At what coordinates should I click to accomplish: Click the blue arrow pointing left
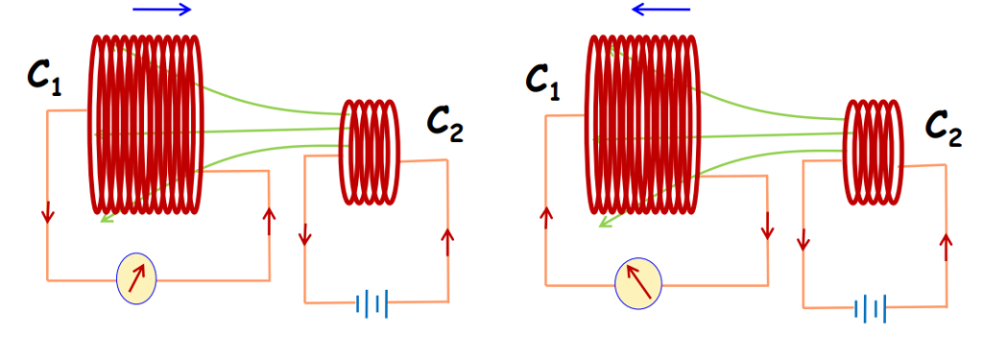point(661,11)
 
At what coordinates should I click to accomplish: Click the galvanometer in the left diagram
point(135,276)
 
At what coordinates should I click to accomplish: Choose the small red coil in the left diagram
point(370,152)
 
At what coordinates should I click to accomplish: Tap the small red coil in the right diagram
point(872,153)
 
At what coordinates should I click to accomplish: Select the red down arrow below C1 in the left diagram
point(47,214)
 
